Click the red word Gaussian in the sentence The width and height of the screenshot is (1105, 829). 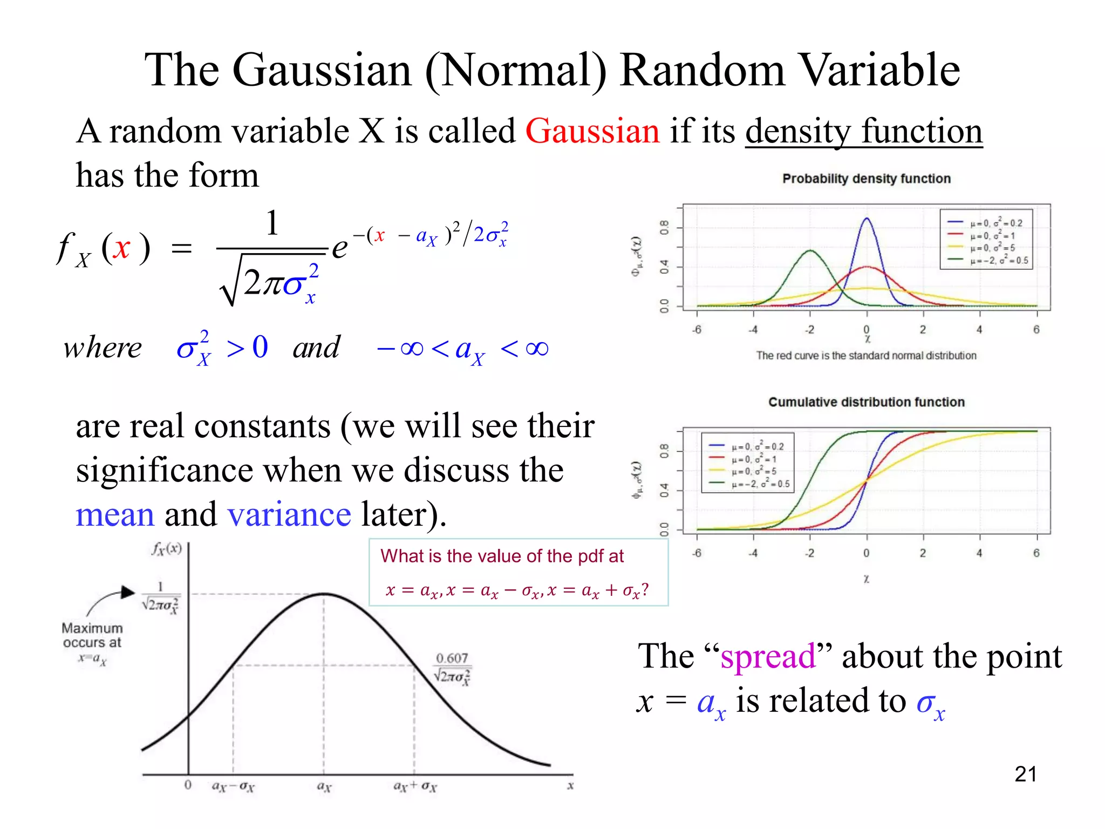coord(592,132)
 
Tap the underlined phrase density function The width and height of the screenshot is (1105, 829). coord(863,132)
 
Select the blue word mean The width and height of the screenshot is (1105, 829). coord(115,514)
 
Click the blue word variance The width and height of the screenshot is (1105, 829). coord(289,514)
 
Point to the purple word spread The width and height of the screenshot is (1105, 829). coord(768,657)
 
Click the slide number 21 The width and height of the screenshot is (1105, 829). coord(1025,774)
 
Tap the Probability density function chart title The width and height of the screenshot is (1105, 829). coord(866,179)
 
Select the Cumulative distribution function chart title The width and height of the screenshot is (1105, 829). coord(866,402)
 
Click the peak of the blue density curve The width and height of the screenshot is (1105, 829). coord(867,219)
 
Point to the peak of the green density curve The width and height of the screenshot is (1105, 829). coord(810,250)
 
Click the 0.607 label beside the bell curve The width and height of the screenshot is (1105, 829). coord(452,658)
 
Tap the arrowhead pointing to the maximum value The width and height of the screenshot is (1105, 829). coord(128,593)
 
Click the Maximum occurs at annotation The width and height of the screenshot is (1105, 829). coord(92,636)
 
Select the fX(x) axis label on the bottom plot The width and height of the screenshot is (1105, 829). coord(167,549)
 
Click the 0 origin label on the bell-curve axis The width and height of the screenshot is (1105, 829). coord(188,785)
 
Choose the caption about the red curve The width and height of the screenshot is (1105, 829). coord(866,356)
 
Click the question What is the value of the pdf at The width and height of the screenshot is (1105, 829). coord(502,556)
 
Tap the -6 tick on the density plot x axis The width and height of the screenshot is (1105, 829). coord(697,330)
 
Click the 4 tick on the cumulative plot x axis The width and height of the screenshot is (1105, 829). coord(979,553)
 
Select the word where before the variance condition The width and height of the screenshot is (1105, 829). coord(103,348)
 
